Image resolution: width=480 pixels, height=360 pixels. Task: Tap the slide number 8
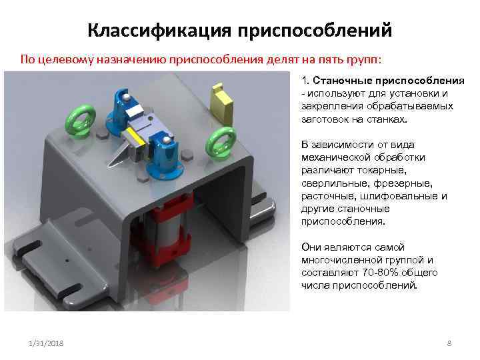(x=449, y=343)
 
